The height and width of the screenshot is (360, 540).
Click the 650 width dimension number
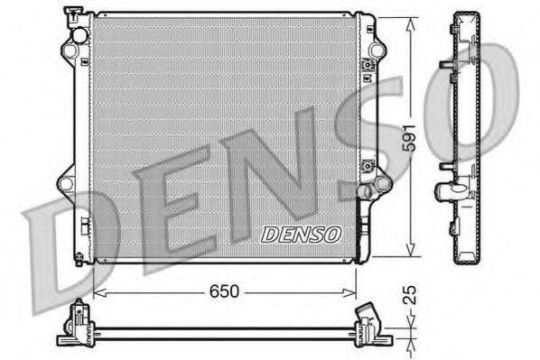coord(226,292)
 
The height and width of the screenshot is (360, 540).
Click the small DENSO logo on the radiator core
coord(302,234)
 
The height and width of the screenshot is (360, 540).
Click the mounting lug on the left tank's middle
coord(65,183)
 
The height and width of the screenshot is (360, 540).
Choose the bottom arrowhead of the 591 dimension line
coord(411,255)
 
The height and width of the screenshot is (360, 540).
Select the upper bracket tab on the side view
coord(446,65)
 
